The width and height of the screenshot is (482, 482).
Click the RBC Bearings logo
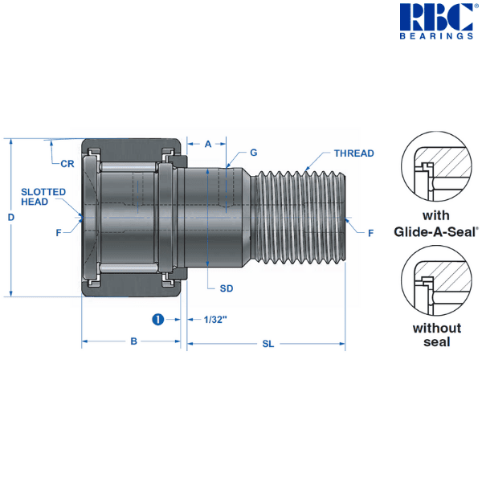[436, 21]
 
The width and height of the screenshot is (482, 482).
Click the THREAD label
[353, 153]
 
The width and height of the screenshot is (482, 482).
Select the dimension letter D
[11, 217]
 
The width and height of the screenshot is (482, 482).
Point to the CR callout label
[67, 163]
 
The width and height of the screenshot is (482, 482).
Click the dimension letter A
[207, 145]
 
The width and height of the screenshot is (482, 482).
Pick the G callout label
[253, 152]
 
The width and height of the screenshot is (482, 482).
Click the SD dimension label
[226, 287]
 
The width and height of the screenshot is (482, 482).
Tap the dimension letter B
[134, 341]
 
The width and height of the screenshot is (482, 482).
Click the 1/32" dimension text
[215, 320]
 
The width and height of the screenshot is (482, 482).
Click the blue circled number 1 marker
[158, 319]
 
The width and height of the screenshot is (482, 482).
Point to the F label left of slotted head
[59, 233]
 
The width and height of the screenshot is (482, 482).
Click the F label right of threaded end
[370, 233]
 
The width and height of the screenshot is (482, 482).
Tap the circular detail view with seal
[436, 168]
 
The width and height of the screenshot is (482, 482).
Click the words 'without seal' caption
[436, 334]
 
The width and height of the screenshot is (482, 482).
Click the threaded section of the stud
[297, 217]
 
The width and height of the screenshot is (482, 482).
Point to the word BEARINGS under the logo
[436, 36]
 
